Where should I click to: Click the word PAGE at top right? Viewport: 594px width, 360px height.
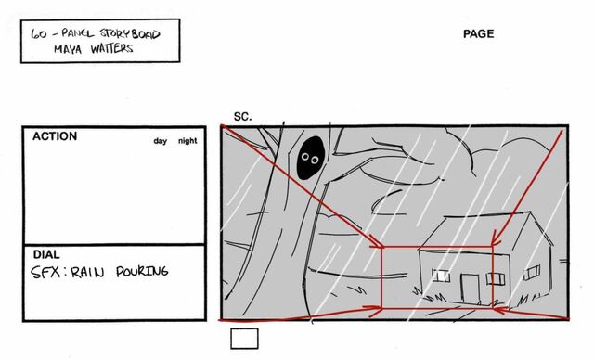pos(479,34)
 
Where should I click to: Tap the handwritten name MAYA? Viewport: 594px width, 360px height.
pos(68,49)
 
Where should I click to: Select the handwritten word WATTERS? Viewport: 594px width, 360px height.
pos(111,48)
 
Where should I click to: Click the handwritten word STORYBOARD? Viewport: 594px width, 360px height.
pos(130,34)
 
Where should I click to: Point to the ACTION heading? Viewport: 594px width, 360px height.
pos(55,136)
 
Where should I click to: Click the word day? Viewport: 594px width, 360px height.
pos(161,141)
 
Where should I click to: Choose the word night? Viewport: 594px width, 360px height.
pos(187,141)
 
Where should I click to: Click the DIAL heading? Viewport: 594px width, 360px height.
pos(46,254)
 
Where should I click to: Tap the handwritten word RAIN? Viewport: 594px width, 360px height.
pos(87,272)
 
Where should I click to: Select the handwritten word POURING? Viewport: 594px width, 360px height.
pos(142,272)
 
